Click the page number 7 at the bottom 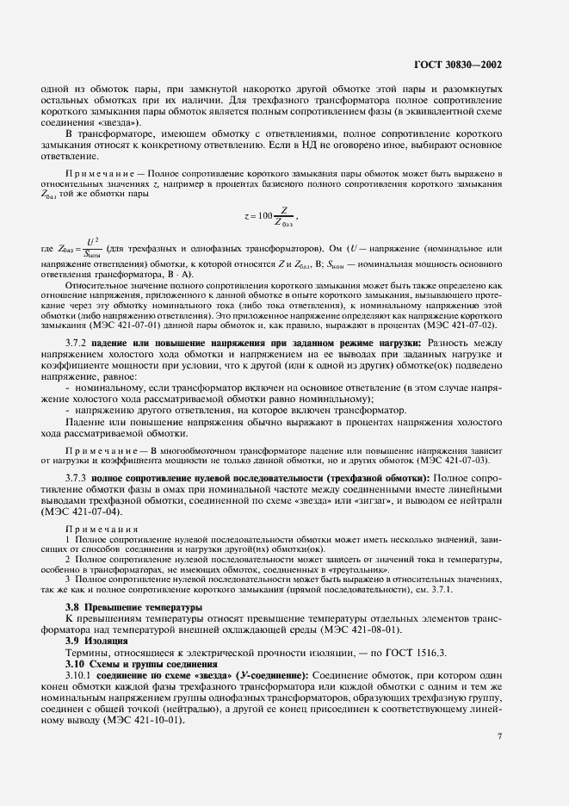[500, 735]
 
